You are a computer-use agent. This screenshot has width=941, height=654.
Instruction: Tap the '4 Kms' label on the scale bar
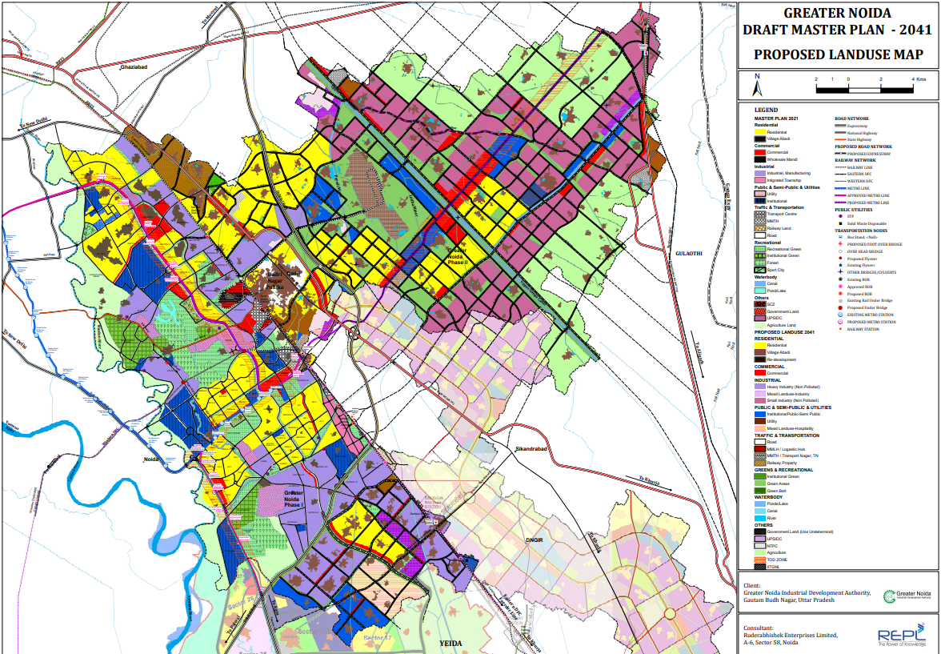(919, 79)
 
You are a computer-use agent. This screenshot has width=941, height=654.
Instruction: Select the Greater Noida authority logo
(907, 596)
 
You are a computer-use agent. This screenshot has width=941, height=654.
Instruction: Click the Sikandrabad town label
(531, 450)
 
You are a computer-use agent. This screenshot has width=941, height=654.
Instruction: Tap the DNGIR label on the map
(535, 540)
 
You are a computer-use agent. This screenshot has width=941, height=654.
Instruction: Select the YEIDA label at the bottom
(452, 643)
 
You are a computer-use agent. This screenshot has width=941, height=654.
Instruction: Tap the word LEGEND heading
(766, 110)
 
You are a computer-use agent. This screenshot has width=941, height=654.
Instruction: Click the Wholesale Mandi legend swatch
(760, 159)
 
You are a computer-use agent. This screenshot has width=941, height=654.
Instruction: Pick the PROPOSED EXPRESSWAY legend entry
(864, 153)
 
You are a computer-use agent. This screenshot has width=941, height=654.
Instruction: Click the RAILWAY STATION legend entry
(864, 329)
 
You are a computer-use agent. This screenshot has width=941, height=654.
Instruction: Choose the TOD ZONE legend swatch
(760, 560)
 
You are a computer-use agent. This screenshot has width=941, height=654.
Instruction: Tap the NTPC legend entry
(773, 546)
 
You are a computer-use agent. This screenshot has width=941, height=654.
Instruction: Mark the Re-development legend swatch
(760, 359)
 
